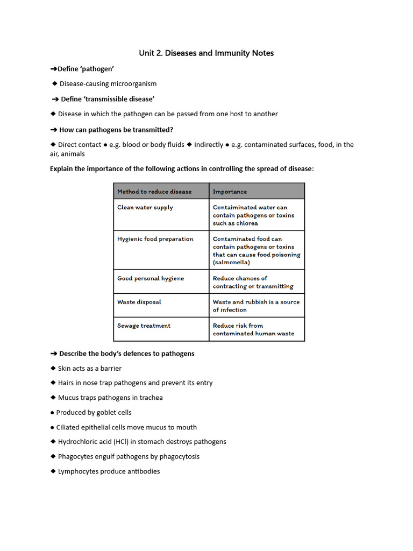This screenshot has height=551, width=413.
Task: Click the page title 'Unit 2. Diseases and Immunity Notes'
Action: coord(206,53)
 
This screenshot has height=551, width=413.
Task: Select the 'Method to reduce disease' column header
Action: coord(154,192)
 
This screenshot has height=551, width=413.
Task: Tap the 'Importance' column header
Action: coord(230,192)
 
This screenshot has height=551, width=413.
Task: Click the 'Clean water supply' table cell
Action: coord(145,208)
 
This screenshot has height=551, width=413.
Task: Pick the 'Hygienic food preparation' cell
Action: coord(155,239)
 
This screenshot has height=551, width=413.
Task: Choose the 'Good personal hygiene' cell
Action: coord(151,279)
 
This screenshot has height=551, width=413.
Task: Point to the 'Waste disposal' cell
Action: coord(139,302)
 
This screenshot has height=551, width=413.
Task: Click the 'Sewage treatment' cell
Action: coord(144,326)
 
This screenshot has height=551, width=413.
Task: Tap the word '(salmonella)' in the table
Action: coord(231,263)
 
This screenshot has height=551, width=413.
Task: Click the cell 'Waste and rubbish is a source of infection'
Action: coord(256,306)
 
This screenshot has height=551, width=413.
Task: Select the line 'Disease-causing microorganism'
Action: coord(108,84)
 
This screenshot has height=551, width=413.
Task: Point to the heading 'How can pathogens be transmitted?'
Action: coord(116,130)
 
